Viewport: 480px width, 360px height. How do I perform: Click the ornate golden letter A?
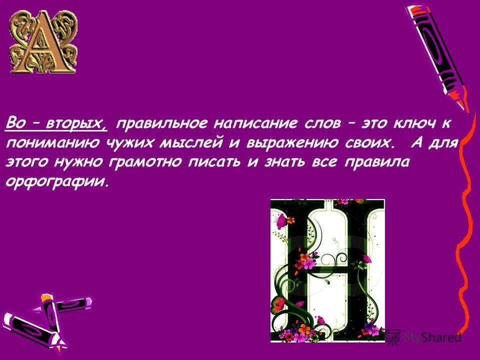click(x=43, y=42)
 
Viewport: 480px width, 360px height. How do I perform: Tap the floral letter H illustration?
click(x=327, y=270)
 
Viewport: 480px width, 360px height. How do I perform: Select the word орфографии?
click(x=56, y=181)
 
